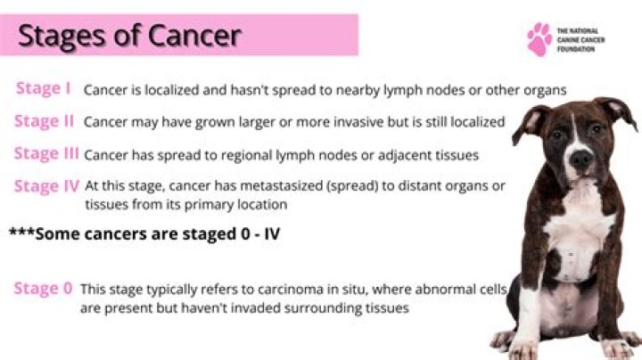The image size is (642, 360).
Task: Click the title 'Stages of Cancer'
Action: pyautogui.click(x=129, y=36)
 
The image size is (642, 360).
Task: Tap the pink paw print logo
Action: pyautogui.click(x=539, y=38)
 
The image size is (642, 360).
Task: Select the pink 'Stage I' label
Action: pyautogui.click(x=44, y=88)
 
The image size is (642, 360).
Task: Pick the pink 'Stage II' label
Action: pyautogui.click(x=44, y=120)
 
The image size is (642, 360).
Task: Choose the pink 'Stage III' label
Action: pyautogui.click(x=46, y=153)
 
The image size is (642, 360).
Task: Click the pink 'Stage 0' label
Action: pyautogui.click(x=43, y=289)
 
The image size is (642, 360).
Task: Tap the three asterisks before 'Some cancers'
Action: pyautogui.click(x=21, y=233)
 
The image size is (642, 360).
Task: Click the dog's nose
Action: pyautogui.click(x=580, y=160)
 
